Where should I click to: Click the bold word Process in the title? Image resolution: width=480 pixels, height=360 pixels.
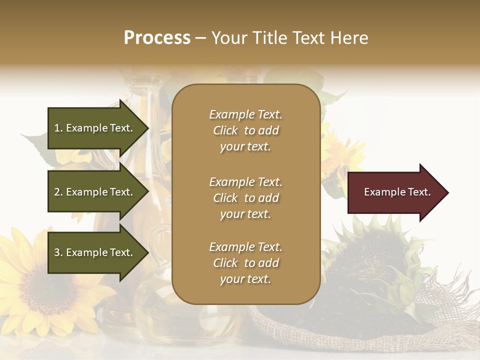coord(157,38)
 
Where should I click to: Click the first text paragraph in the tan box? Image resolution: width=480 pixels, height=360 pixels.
coord(245,130)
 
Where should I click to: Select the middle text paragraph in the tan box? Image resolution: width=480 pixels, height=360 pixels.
coord(245,198)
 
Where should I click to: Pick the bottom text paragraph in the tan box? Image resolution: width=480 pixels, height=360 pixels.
coord(245,263)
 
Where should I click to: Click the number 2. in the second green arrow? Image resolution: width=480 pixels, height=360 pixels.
coord(58,192)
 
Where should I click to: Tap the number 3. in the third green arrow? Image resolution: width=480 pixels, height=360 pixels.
coord(58,252)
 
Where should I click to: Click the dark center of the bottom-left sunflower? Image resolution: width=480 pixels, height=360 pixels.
coord(42,290)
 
